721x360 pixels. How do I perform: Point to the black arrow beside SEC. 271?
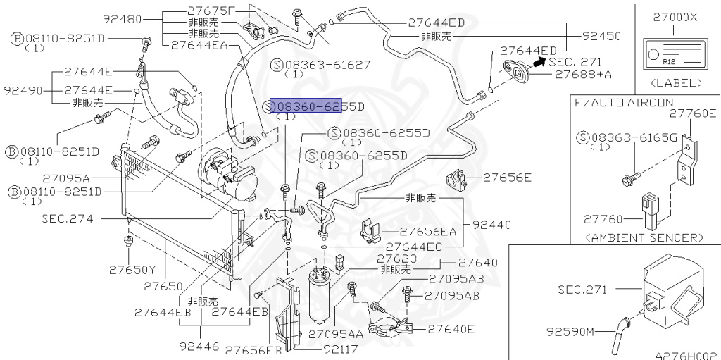tap(537, 63)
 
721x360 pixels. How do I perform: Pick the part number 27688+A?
tap(583, 73)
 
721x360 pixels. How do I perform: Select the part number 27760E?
tap(692, 113)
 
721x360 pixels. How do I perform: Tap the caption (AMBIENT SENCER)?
tap(644, 237)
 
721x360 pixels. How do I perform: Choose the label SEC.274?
tap(68, 219)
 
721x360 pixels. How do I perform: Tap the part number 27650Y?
tap(132, 269)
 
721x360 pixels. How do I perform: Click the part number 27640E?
tap(451, 328)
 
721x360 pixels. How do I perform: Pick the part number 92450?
tap(602, 35)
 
